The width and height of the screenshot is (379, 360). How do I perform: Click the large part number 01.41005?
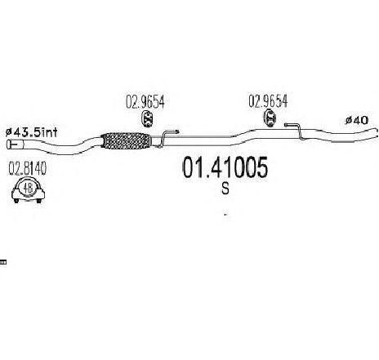point(225,167)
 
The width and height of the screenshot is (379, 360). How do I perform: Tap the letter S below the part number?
point(225,189)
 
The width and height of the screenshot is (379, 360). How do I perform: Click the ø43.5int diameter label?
point(32,132)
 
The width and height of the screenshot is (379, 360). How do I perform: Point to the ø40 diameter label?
point(357,120)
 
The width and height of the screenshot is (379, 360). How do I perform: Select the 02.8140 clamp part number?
point(28,168)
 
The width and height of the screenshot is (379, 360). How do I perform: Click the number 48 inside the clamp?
point(28,188)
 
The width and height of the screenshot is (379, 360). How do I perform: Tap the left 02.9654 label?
point(145,102)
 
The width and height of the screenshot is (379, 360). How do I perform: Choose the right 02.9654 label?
point(268,101)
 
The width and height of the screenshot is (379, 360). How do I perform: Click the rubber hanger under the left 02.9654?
point(148,118)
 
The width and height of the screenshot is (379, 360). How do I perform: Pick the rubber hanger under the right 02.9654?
point(270,118)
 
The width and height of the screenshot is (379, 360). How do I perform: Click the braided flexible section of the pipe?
point(126,140)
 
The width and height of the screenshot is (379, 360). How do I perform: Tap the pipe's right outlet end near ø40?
point(377,133)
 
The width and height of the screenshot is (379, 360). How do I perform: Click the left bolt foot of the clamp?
point(16,201)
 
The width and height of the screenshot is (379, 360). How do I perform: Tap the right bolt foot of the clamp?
point(39,201)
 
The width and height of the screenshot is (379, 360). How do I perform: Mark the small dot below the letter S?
point(225,215)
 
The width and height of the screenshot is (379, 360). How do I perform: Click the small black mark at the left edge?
point(3,262)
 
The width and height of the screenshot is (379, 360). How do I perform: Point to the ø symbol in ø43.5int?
point(9,133)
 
